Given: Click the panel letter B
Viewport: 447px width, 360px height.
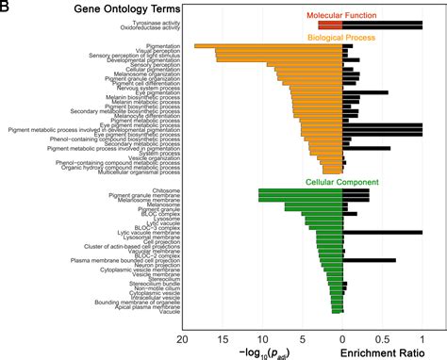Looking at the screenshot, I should [7, 8].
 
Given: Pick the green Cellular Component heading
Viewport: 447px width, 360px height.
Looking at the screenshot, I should [341, 181].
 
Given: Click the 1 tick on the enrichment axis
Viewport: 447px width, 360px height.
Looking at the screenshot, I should [422, 335].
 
